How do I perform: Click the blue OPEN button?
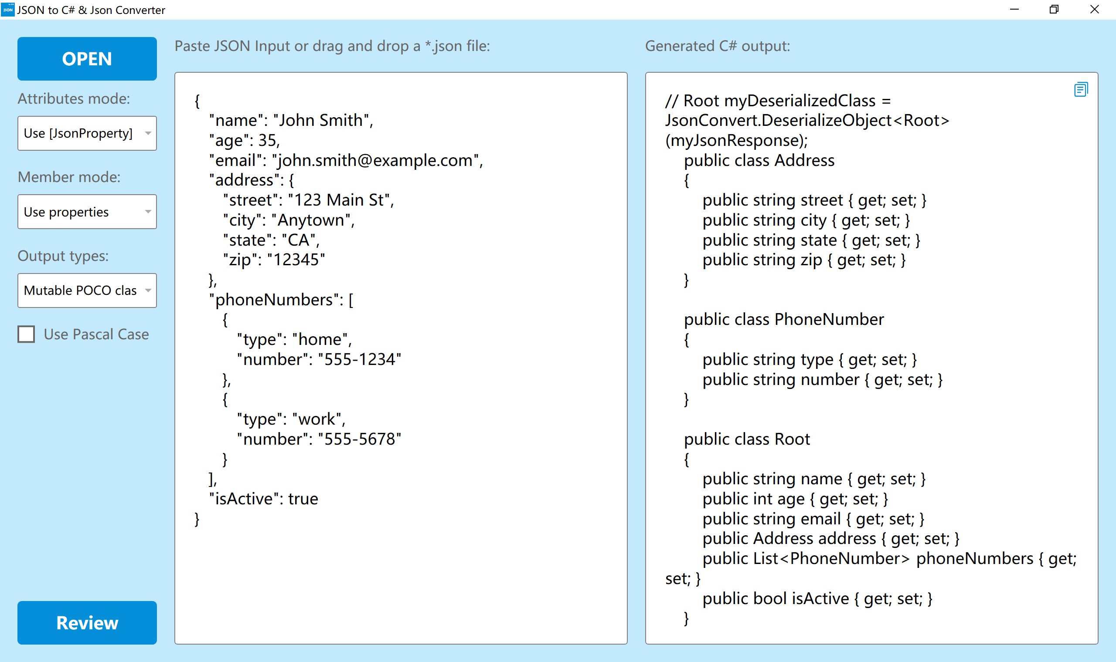(87, 58)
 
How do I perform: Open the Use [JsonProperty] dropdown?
(87, 133)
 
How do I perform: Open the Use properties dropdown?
(87, 212)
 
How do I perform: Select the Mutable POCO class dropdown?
(87, 290)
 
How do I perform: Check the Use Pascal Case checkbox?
(26, 334)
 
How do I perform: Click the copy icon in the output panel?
(1081, 89)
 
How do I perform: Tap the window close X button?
(1095, 10)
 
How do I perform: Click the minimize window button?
(1014, 10)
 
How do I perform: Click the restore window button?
(1054, 10)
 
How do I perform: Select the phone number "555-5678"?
(360, 439)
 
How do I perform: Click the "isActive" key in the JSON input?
(245, 499)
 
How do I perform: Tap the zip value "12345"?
(296, 260)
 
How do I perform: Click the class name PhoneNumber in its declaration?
(829, 319)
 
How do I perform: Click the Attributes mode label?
(74, 98)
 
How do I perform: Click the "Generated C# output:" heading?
(718, 46)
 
